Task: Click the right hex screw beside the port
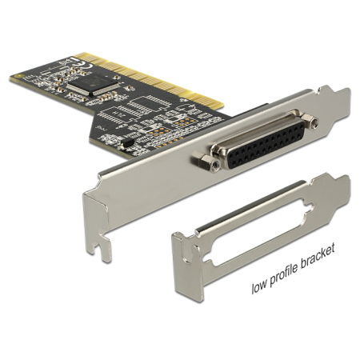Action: [310, 122]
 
